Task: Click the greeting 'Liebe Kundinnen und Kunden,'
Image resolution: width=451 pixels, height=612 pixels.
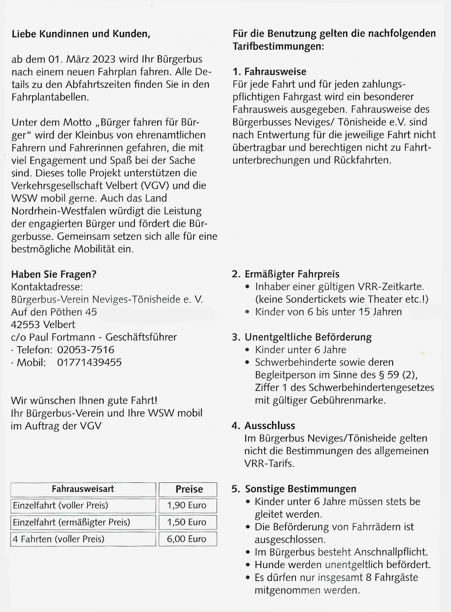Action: click(x=81, y=34)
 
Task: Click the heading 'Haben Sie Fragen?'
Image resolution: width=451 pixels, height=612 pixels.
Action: click(x=54, y=274)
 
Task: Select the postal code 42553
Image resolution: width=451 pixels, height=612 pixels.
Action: click(x=26, y=325)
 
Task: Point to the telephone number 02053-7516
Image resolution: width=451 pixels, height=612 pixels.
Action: click(x=85, y=350)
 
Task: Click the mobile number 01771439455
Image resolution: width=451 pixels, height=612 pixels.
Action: click(x=89, y=362)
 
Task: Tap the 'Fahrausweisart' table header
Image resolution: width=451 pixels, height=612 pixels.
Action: click(x=83, y=489)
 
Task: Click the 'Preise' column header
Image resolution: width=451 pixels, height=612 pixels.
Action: click(x=189, y=489)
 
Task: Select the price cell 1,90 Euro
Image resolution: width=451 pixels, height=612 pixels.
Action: click(x=187, y=505)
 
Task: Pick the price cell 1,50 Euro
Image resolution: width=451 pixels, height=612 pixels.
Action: click(x=187, y=522)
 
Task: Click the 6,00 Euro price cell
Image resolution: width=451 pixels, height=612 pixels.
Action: click(x=187, y=539)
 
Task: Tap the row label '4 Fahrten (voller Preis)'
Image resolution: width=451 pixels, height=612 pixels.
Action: click(x=59, y=539)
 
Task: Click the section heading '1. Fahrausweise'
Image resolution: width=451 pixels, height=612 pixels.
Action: click(x=270, y=72)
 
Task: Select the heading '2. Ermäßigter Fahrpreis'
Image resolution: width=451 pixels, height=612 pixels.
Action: click(x=286, y=274)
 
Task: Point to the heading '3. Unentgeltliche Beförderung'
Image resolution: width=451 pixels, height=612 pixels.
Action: click(x=302, y=337)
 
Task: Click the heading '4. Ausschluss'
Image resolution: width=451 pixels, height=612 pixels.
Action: click(x=264, y=426)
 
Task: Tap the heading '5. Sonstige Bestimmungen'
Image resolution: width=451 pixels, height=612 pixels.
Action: click(x=294, y=489)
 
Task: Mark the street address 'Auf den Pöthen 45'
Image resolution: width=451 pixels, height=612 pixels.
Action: click(x=54, y=312)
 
